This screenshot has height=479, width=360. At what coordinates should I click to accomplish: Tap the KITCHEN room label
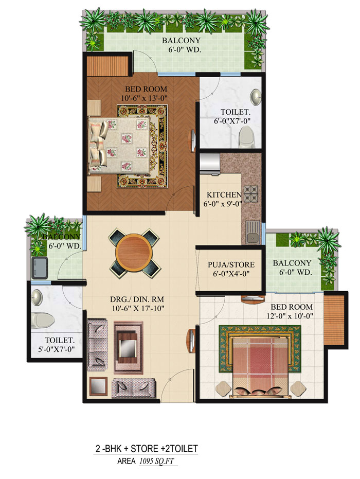[224, 195]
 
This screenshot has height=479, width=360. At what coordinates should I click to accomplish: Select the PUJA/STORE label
[231, 265]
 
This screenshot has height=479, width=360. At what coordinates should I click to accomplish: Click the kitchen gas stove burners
[251, 193]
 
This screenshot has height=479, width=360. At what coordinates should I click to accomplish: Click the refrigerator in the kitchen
[210, 161]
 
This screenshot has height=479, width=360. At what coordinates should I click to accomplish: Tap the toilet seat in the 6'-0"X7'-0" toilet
[247, 136]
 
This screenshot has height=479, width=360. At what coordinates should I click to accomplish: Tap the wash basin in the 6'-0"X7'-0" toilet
[256, 96]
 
